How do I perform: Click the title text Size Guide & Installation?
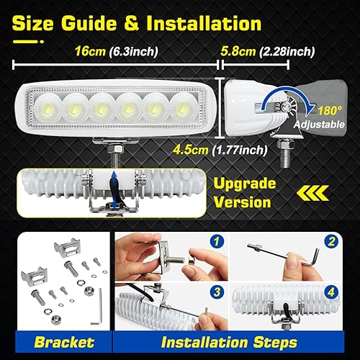point(137,23)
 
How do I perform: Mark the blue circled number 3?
point(218,291)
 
